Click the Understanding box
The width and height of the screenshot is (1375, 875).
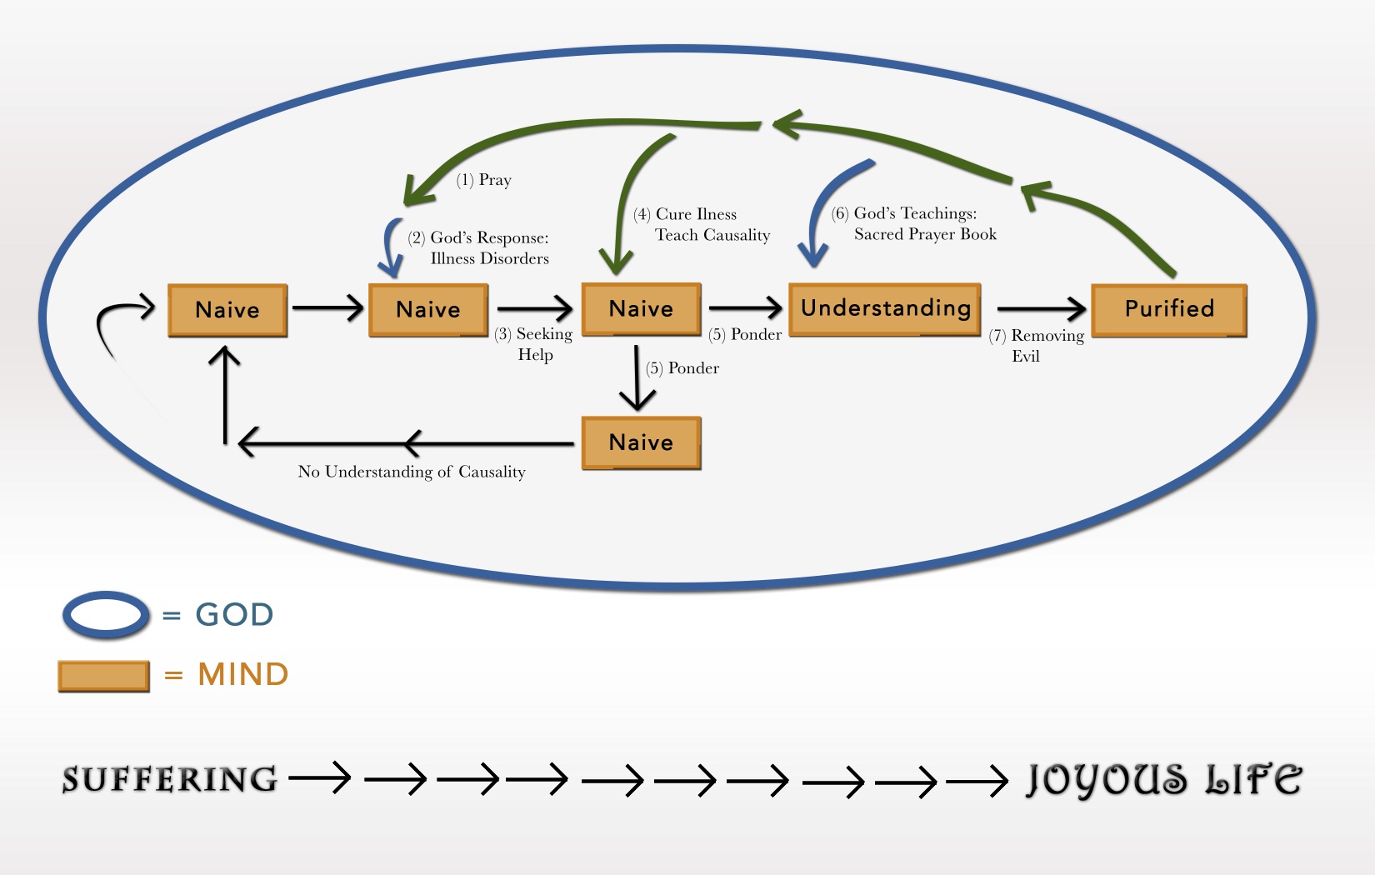coord(885,309)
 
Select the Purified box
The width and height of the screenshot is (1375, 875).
coord(1169,309)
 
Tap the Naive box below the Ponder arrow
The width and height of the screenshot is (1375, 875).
coord(641,442)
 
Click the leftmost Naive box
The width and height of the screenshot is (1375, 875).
coord(227,310)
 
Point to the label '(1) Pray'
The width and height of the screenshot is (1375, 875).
coord(484,180)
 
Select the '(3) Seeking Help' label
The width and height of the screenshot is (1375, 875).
coord(534,344)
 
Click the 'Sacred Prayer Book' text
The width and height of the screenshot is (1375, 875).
coord(925,235)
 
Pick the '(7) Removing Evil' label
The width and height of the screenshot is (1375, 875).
coord(1037,345)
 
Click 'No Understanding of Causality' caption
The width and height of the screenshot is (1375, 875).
coord(412,472)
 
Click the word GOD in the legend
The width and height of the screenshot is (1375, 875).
coord(234,615)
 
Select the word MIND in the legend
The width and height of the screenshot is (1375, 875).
coord(243,674)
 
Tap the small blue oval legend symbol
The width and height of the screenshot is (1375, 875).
coord(106,615)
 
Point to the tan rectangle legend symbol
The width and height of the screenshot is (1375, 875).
coord(103,676)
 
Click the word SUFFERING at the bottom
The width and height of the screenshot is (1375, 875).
coord(170,780)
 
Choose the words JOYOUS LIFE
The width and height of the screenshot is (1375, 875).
coord(1163,780)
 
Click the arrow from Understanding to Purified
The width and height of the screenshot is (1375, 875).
coord(1041,310)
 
